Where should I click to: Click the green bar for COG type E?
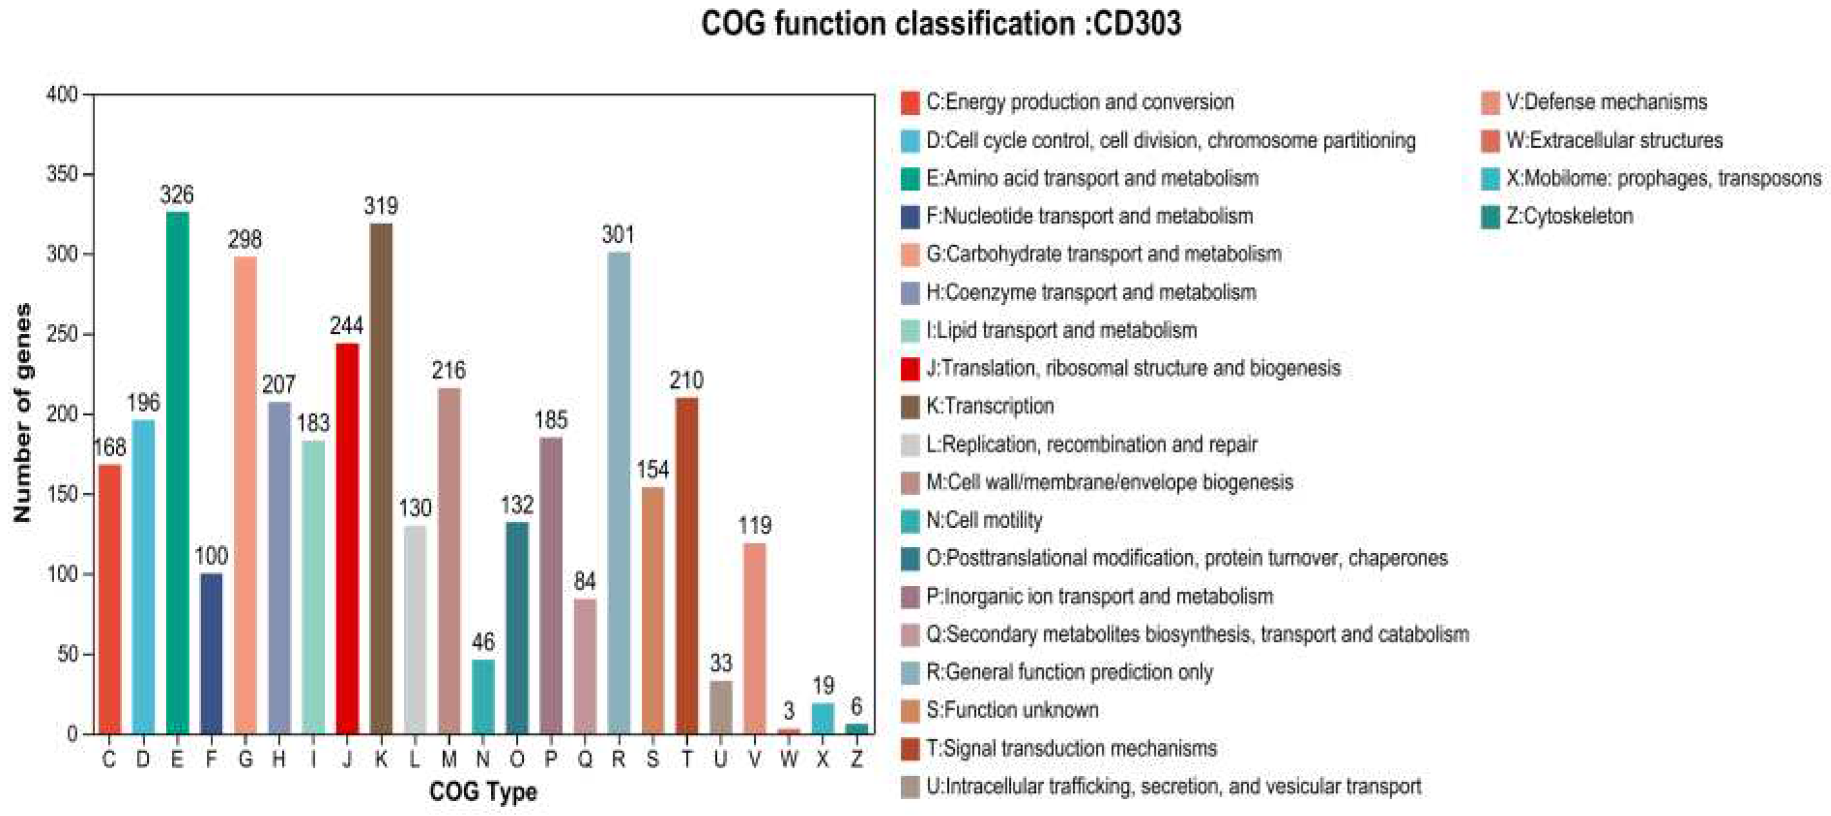177,472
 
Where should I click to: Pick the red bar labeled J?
347,538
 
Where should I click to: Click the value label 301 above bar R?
618,235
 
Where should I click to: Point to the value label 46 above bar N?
483,642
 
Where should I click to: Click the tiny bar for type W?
789,730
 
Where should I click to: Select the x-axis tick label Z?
856,759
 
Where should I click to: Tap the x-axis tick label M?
448,759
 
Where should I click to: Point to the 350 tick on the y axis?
62,174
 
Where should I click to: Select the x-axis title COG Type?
483,791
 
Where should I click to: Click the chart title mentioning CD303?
941,23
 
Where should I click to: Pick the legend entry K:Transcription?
990,406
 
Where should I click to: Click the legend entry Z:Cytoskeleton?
1569,216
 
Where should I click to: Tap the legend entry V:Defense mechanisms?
1606,102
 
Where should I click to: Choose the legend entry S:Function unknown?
1011,710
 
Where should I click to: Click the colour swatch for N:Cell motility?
910,520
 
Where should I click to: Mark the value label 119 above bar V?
754,525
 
